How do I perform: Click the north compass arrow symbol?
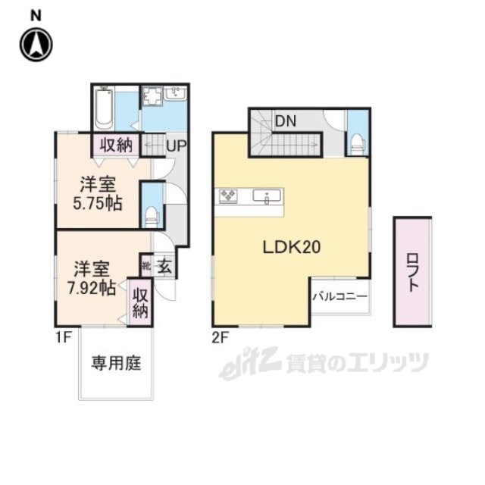coord(36,44)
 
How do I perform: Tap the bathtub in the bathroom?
coord(104,108)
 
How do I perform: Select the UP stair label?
coord(177,144)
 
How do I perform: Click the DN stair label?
coord(285,120)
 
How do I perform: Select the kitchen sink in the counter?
coord(268,199)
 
